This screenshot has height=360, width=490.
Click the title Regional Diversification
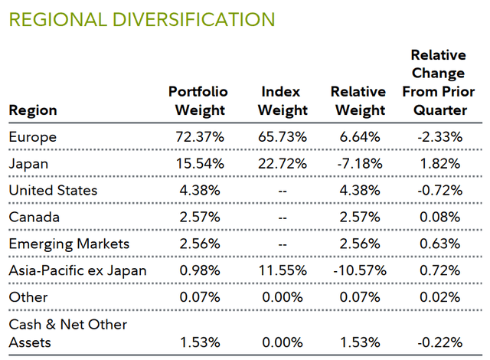click(142, 18)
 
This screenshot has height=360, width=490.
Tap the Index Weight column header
click(283, 100)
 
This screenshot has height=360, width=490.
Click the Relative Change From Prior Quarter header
click(438, 82)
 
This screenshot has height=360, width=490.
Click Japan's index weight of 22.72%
click(283, 163)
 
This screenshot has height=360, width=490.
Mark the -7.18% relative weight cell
click(359, 163)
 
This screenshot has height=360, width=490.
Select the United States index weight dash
click(283, 190)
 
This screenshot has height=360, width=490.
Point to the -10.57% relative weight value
click(359, 270)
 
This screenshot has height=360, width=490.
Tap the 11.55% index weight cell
click(283, 270)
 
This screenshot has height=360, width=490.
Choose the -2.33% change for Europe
click(438, 136)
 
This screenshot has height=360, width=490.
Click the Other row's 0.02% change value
click(438, 297)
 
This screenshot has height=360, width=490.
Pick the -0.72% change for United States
click(438, 190)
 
